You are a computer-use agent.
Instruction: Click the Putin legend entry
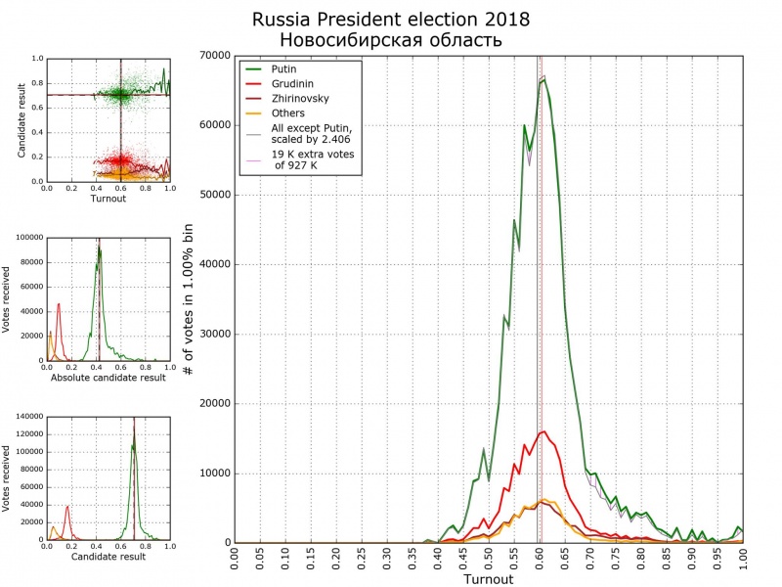(x=283, y=69)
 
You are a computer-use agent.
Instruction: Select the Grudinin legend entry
(x=290, y=84)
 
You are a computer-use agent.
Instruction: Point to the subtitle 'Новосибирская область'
(x=390, y=40)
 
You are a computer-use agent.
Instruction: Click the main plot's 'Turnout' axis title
(x=488, y=579)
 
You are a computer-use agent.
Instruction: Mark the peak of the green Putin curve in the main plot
(x=543, y=79)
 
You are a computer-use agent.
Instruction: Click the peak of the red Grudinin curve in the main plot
(x=543, y=431)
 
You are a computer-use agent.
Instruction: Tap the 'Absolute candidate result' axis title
(x=108, y=377)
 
